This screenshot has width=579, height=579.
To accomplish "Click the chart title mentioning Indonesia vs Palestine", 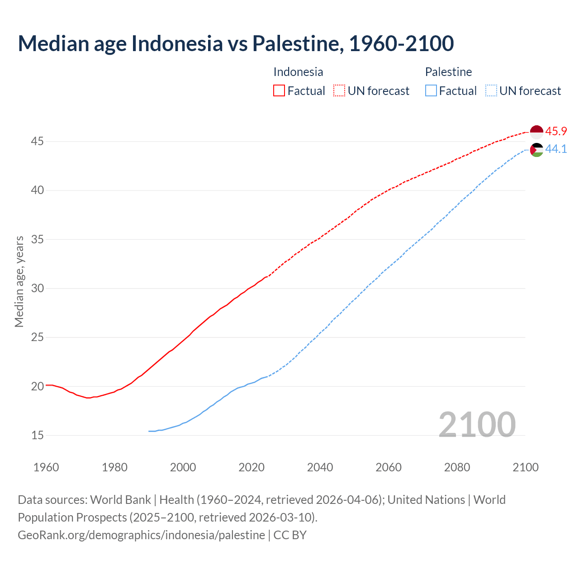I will (236, 43).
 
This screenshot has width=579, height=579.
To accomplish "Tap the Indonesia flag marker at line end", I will (536, 132).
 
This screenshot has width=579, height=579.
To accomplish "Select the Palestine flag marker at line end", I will (536, 150).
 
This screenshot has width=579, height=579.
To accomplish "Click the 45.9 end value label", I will (556, 132).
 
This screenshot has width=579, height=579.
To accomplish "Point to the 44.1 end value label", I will (556, 149).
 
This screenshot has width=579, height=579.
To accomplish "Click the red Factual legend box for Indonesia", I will (279, 91).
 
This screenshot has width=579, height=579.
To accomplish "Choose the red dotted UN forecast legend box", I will (339, 91).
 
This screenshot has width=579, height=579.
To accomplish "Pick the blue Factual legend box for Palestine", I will (431, 91).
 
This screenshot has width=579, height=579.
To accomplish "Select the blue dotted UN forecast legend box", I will (491, 91).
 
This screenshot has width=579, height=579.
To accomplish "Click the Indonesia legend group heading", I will (298, 72).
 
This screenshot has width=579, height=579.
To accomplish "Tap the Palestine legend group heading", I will (448, 72).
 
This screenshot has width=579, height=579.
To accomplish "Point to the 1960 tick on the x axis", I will (46, 467).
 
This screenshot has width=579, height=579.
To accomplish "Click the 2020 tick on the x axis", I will (252, 467).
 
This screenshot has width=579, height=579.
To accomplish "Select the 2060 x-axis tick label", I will (389, 467).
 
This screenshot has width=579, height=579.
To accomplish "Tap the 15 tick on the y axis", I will (38, 435).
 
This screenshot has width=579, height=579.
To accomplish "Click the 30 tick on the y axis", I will (38, 288).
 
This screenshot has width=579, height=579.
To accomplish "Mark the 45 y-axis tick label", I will (38, 142).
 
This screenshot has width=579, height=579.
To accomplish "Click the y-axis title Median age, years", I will (19, 281).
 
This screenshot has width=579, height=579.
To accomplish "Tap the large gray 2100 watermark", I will (477, 425).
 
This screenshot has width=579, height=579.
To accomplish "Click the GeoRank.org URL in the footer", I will (141, 535).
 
